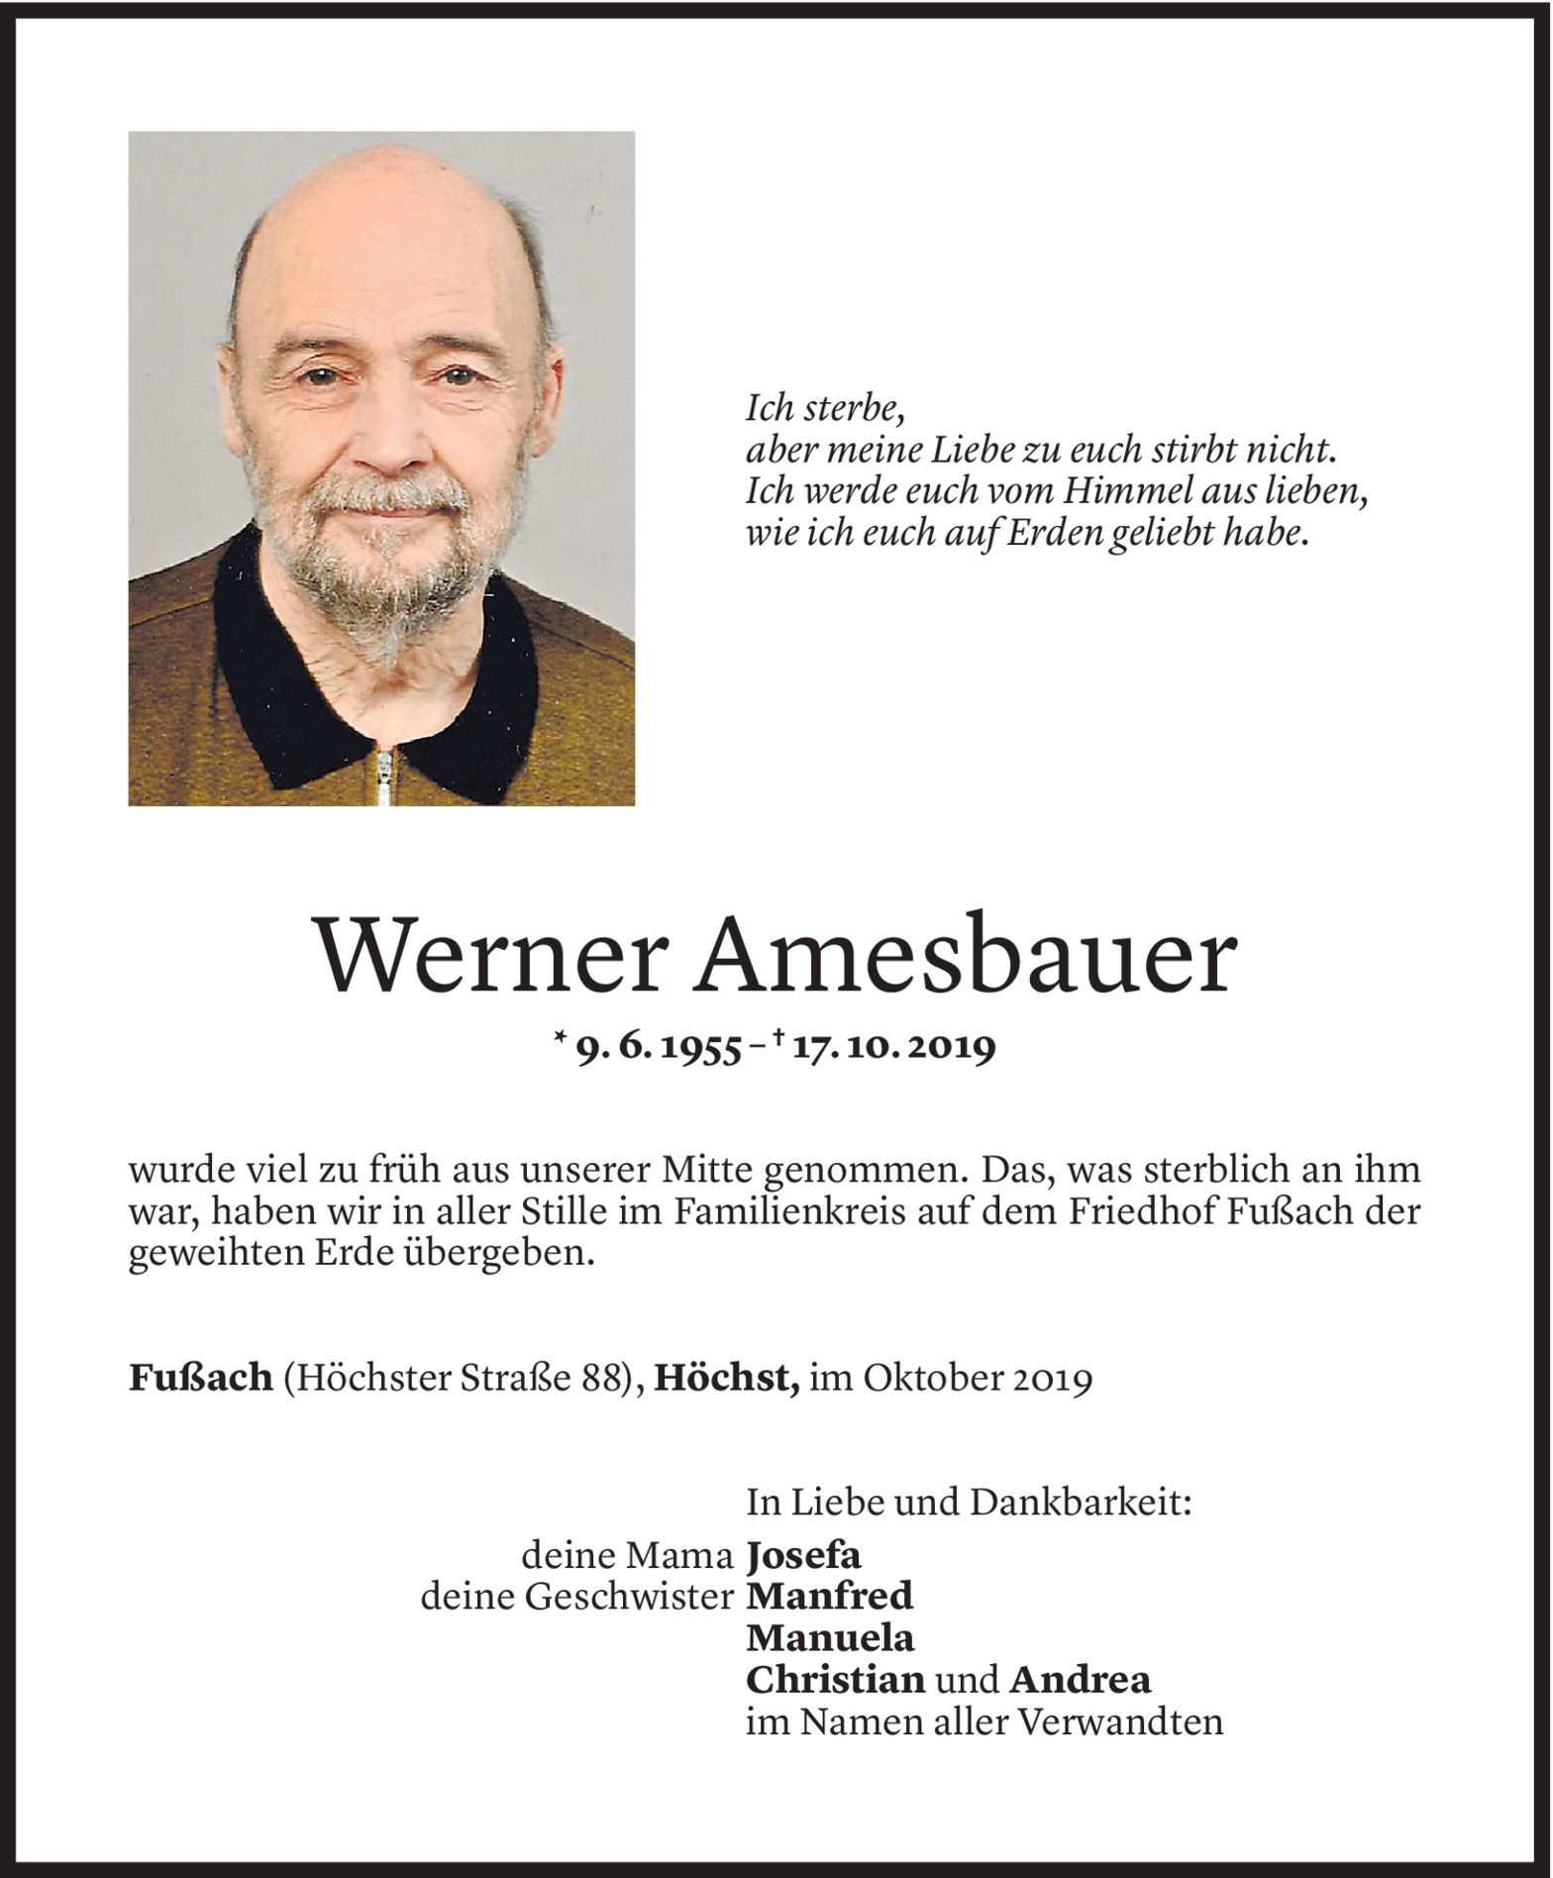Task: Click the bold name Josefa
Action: tap(803, 1556)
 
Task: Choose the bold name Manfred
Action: tap(829, 1597)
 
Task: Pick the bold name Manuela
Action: tap(830, 1638)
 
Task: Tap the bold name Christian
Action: tap(835, 1680)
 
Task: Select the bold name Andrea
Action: tap(1080, 1680)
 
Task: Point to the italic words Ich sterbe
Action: tap(824, 408)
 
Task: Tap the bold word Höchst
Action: tap(726, 1378)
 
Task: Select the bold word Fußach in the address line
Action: tap(200, 1378)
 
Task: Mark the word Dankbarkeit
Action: tap(1080, 1503)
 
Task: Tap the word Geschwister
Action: tap(630, 1597)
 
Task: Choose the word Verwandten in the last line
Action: tap(1120, 1722)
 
